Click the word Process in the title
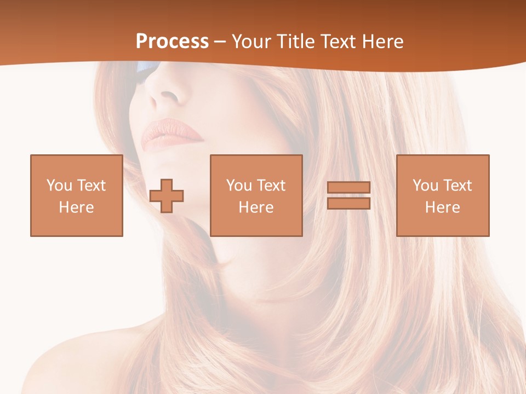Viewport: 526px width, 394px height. pyautogui.click(x=172, y=42)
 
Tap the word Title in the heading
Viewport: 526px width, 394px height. pyautogui.click(x=295, y=42)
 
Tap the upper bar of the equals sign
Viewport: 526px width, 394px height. pyautogui.click(x=348, y=188)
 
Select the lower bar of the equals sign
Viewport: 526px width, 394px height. pyautogui.click(x=348, y=204)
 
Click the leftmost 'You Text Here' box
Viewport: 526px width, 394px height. pyautogui.click(x=76, y=195)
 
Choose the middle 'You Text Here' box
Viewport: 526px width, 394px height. pyautogui.click(x=256, y=195)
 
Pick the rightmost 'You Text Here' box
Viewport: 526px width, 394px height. pyautogui.click(x=442, y=195)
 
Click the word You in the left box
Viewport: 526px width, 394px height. pyautogui.click(x=59, y=186)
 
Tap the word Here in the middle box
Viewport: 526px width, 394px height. pyautogui.click(x=256, y=207)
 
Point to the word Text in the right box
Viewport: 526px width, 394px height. pyautogui.click(x=458, y=186)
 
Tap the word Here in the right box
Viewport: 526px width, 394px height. pyautogui.click(x=442, y=207)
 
